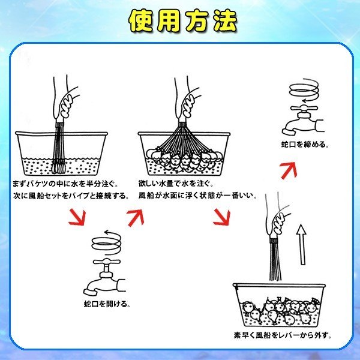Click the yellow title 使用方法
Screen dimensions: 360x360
pos(183,21)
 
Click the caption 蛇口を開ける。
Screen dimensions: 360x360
pos(107,304)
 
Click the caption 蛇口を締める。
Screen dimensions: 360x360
pos(305,145)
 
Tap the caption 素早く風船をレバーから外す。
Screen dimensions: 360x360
pos(283,335)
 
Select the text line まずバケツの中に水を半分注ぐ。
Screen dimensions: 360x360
pos(65,184)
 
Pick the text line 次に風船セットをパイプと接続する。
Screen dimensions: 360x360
pos(71,196)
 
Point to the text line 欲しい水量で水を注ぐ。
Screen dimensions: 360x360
pos(176,184)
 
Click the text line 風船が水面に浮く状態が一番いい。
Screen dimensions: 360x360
pos(197,196)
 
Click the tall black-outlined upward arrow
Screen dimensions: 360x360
pos(301,245)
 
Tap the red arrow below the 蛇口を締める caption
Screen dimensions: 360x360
pos(289,170)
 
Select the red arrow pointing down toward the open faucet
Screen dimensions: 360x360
pos(77,217)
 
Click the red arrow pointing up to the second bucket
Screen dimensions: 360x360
pos(136,218)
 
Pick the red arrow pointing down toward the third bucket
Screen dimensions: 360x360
pos(221,217)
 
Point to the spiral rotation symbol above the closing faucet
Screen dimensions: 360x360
pos(304,91)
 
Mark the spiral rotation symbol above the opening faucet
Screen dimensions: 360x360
pos(106,244)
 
